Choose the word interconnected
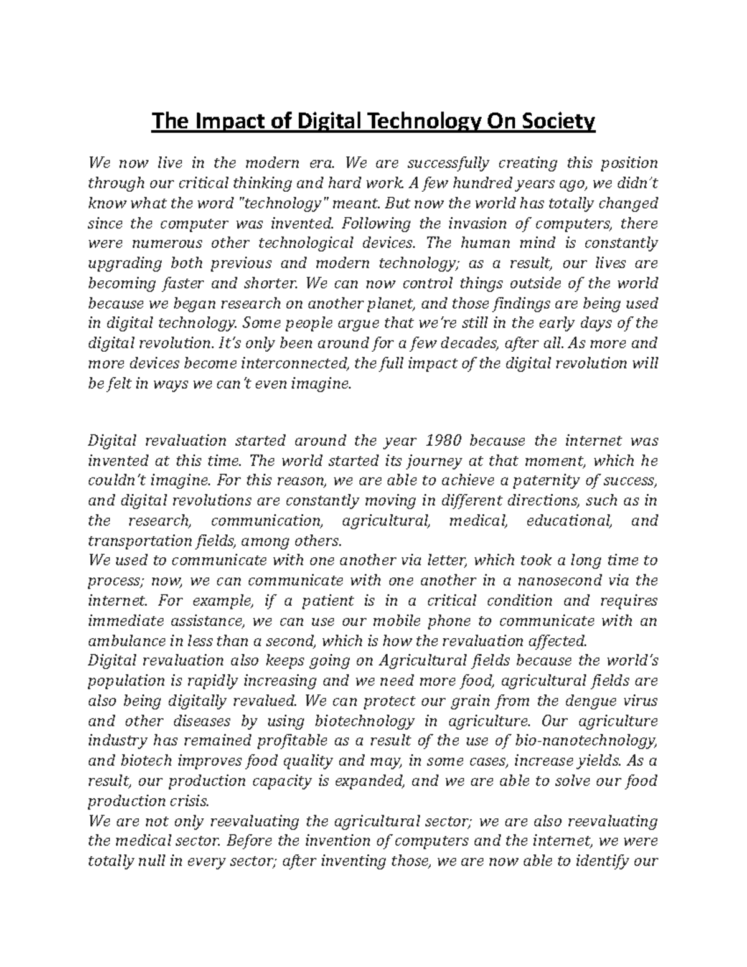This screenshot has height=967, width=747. click(288, 363)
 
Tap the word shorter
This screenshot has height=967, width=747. click(263, 283)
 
